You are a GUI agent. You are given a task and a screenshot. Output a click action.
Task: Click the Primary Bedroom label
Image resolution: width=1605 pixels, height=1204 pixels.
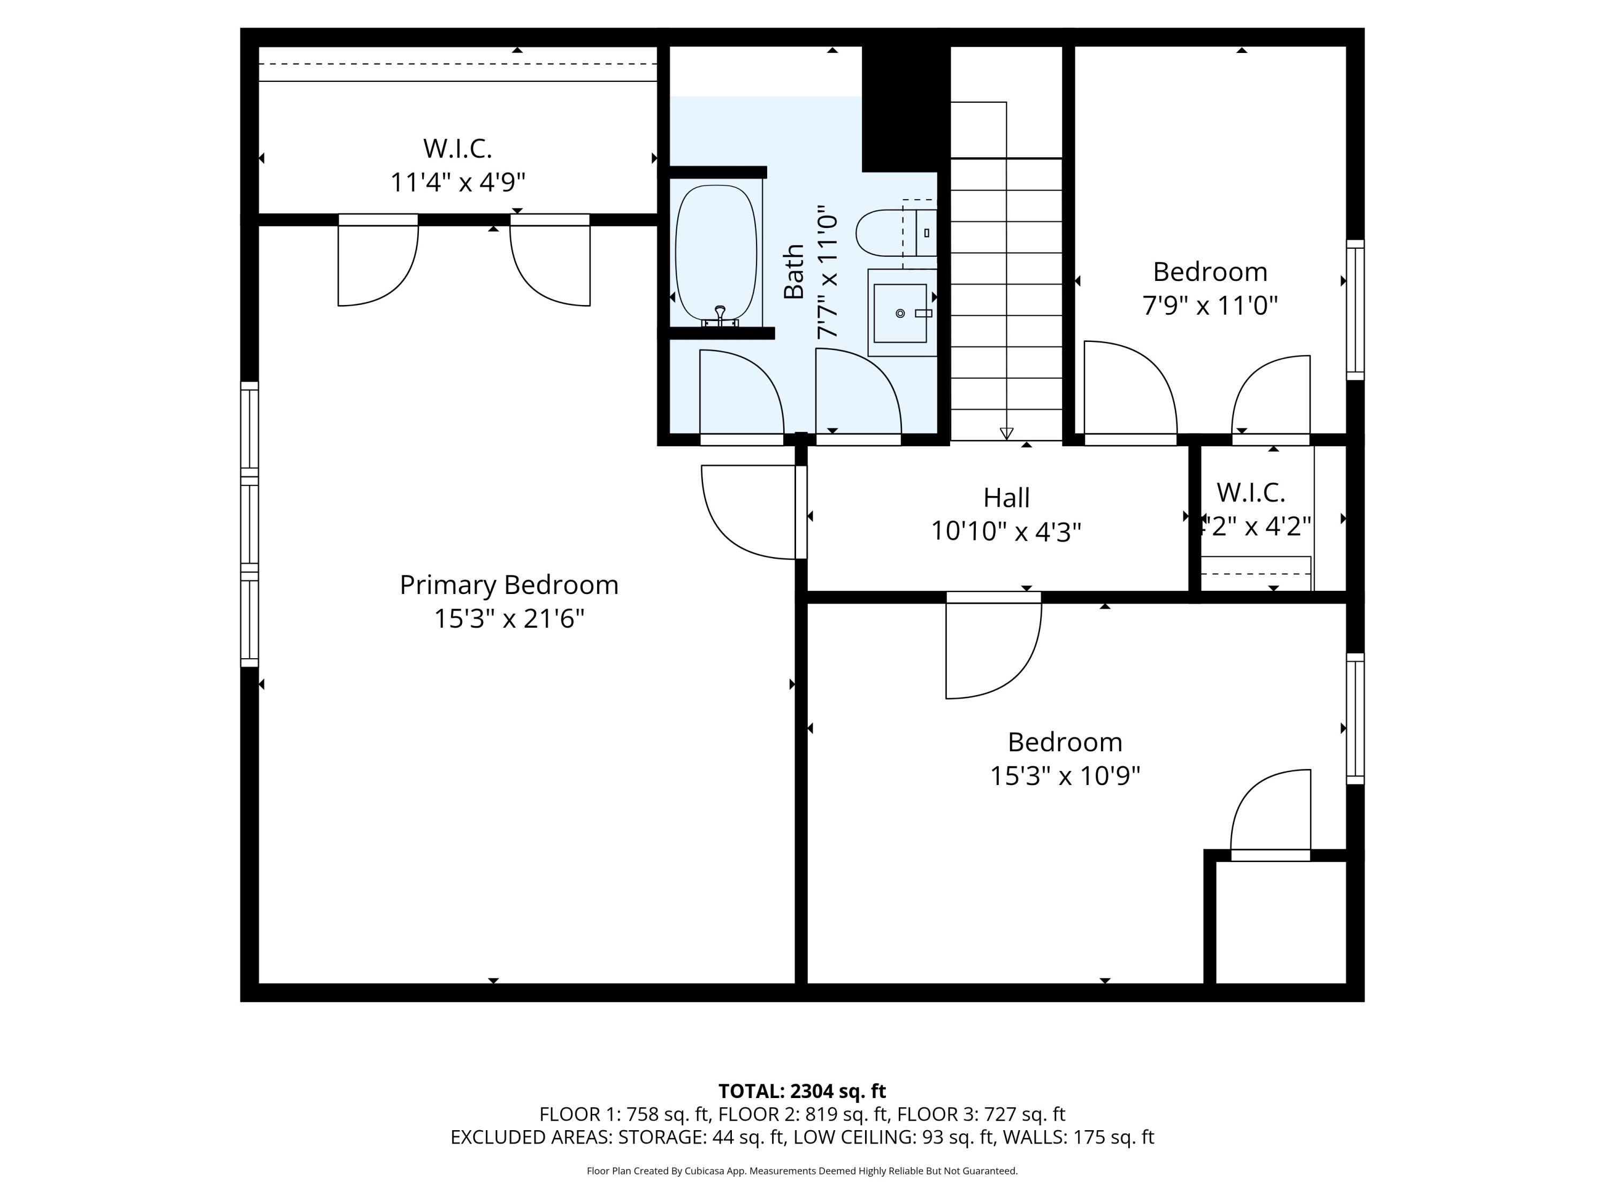tap(509, 585)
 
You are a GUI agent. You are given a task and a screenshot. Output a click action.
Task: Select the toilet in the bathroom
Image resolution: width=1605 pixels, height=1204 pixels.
tap(896, 233)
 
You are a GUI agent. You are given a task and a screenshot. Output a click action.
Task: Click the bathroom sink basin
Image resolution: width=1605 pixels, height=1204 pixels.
tap(900, 313)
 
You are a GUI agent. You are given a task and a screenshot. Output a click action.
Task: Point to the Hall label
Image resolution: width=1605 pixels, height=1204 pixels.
tap(1006, 498)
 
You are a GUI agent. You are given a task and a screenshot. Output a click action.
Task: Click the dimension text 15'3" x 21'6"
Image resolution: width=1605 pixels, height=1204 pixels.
tap(509, 619)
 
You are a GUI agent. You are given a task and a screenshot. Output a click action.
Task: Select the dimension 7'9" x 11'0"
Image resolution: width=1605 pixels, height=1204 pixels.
tap(1210, 306)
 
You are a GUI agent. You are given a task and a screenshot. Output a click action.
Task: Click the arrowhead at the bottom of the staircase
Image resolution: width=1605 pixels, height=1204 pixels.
tap(1006, 433)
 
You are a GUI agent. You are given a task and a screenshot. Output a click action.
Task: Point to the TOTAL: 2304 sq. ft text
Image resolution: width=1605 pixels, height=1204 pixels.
tap(802, 1091)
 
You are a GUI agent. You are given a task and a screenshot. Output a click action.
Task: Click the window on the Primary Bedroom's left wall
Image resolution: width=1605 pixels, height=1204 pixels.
tap(250, 524)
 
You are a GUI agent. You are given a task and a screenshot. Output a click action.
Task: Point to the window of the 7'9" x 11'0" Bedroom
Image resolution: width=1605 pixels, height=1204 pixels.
tap(1355, 310)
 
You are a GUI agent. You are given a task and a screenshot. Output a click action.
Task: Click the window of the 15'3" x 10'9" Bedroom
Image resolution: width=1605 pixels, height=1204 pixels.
tap(1355, 719)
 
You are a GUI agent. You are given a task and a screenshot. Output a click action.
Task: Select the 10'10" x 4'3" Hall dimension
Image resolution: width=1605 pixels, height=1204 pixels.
tap(1006, 532)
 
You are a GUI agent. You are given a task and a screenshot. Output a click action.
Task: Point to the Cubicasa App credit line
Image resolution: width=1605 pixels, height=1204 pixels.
tap(802, 1171)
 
